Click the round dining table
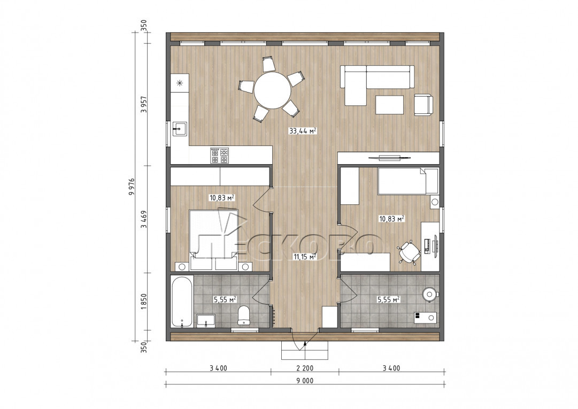point(272,90)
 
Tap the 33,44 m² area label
point(303,131)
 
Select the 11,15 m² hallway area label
point(304,257)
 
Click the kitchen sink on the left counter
point(180,129)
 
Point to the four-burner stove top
point(219,156)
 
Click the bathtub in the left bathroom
point(182,302)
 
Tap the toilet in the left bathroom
point(244,316)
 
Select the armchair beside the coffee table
point(423,105)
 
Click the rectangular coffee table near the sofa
point(389,105)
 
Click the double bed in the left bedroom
point(214,240)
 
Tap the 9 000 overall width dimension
point(305,381)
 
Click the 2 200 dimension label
point(305,368)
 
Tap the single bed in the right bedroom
point(408,181)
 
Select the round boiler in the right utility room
point(430,294)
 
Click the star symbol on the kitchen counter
point(180,83)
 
